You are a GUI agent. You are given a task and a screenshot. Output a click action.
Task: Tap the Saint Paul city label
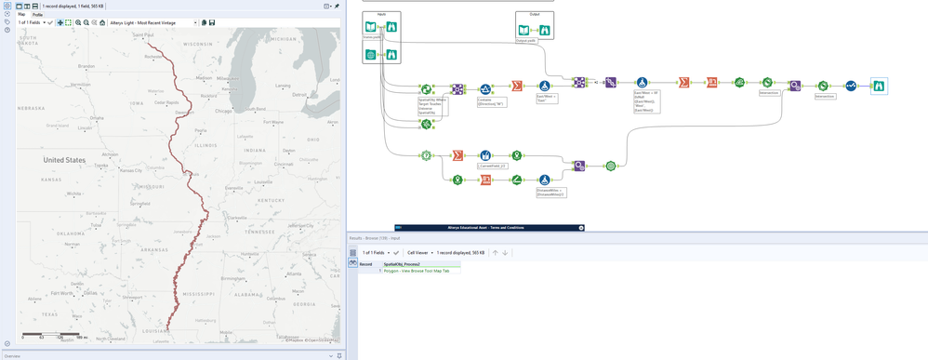pos(143,35)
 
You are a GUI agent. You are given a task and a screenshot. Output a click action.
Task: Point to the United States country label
pos(64,160)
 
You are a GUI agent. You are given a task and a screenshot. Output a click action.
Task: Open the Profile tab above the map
pos(38,15)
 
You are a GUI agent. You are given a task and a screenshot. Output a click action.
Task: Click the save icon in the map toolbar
pos(212,22)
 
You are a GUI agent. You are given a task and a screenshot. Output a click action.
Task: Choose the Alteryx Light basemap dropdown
pos(153,22)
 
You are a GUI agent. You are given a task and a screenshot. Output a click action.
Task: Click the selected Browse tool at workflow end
pos(879,86)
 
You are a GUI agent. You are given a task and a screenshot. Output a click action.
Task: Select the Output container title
pos(534,15)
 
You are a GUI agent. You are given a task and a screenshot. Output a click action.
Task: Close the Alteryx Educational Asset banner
pos(581,228)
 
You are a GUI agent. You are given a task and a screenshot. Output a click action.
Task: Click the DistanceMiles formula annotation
pos(549,193)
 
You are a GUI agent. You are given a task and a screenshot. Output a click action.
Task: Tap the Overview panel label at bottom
pos(12,355)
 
